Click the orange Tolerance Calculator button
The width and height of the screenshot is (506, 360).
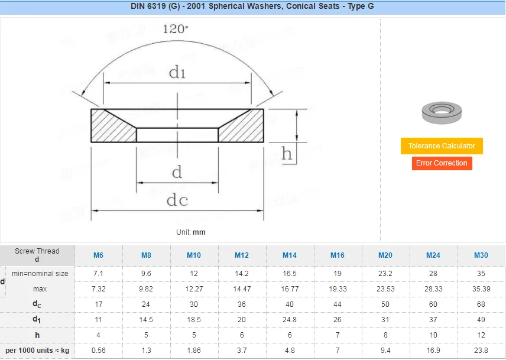(442, 146)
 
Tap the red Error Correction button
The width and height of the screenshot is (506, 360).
(442, 163)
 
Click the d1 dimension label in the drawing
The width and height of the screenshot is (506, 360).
(177, 73)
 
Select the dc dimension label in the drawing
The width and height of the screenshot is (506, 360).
(177, 200)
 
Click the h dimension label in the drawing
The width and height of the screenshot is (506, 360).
(287, 154)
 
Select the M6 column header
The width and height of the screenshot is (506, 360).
(98, 255)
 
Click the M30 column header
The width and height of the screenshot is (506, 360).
(481, 255)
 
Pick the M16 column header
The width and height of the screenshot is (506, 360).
(337, 255)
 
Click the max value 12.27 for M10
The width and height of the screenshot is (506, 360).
(194, 289)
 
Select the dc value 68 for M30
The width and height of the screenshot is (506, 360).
(481, 304)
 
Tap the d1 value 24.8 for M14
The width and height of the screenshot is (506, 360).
(289, 320)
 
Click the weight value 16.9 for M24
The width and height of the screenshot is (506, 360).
(433, 351)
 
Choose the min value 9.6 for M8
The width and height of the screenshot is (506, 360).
(146, 274)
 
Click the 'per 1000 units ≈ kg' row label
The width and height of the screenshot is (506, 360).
(38, 351)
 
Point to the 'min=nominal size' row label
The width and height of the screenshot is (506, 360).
(40, 274)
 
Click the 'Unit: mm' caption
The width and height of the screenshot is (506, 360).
(190, 232)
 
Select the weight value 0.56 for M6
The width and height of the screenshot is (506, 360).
(98, 351)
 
